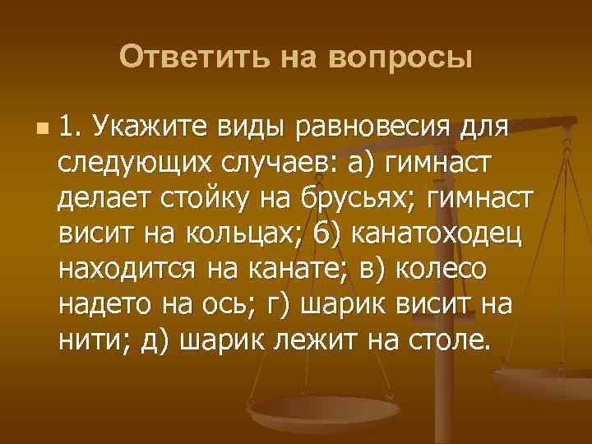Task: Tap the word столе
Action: pyautogui.click(x=451, y=339)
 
